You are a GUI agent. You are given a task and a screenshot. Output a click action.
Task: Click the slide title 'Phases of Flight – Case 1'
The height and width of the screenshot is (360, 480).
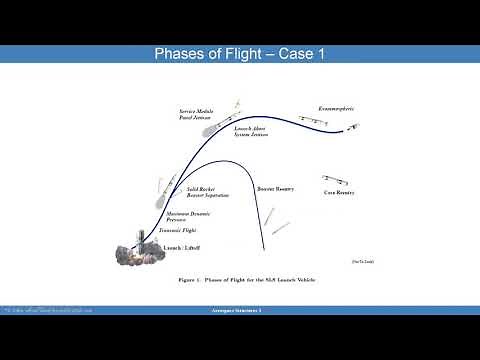(240, 53)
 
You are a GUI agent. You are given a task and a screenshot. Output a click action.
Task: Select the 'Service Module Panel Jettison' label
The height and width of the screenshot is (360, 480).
(196, 116)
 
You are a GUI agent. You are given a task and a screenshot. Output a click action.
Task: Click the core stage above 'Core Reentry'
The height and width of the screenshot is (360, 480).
(336, 178)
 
